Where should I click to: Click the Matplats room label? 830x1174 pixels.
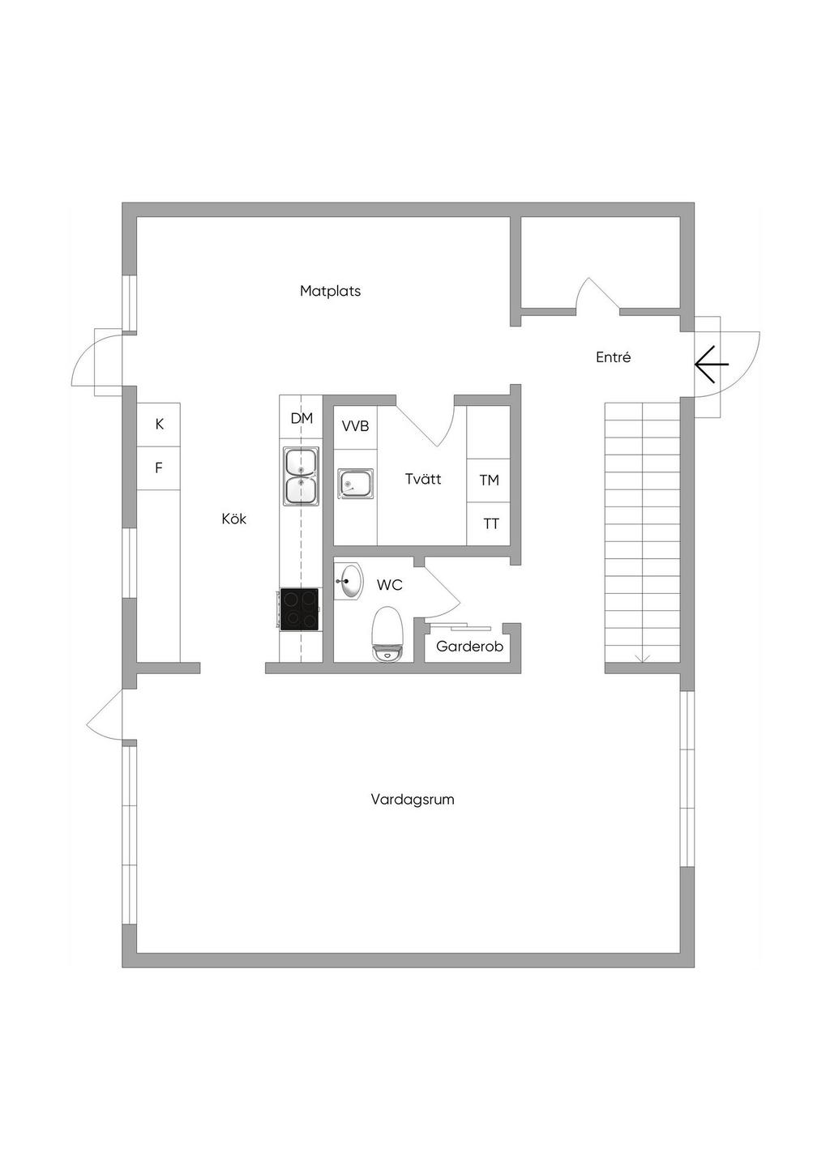pyautogui.click(x=331, y=291)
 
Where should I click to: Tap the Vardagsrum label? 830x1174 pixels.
pyautogui.click(x=413, y=800)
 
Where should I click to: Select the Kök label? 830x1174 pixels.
pyautogui.click(x=234, y=519)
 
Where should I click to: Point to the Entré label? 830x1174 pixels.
pyautogui.click(x=614, y=357)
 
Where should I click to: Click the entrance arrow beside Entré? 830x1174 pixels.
pyautogui.click(x=712, y=365)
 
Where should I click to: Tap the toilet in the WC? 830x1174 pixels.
pyautogui.click(x=387, y=634)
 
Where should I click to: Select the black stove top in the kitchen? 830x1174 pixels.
pyautogui.click(x=299, y=609)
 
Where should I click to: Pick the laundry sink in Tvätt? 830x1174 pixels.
pyautogui.click(x=356, y=484)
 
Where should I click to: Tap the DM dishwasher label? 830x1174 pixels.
pyautogui.click(x=302, y=418)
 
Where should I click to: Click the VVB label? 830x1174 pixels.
pyautogui.click(x=356, y=426)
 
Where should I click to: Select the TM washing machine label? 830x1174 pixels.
pyautogui.click(x=489, y=480)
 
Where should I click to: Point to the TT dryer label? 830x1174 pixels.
pyautogui.click(x=490, y=523)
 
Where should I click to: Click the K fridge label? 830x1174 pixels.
pyautogui.click(x=160, y=424)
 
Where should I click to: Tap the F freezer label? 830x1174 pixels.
pyautogui.click(x=159, y=467)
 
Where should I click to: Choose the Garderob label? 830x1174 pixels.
pyautogui.click(x=470, y=647)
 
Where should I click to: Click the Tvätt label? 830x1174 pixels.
pyautogui.click(x=423, y=479)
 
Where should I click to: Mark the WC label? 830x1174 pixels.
pyautogui.click(x=390, y=585)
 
